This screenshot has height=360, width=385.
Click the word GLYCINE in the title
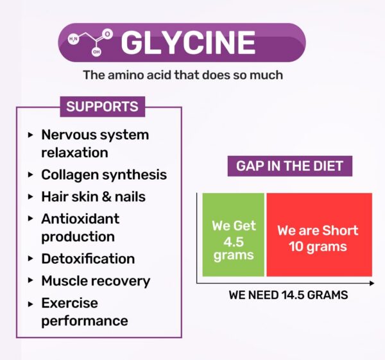188,42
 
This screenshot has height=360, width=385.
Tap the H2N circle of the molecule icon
73,39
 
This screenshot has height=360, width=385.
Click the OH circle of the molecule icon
96,52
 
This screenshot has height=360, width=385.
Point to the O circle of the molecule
107,34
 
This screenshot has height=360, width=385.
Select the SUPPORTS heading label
103,107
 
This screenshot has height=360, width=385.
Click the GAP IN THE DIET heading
290,166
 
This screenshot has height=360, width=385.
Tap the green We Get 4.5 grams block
234,235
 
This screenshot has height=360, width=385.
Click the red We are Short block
320,235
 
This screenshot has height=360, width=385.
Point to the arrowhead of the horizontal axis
372,283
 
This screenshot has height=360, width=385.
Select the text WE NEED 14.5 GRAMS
288,295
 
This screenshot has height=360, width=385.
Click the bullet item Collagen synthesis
104,175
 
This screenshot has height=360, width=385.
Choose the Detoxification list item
88,259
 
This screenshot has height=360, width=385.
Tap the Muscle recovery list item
96,281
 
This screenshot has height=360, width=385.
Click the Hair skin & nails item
93,197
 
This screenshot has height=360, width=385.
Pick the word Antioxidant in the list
80,219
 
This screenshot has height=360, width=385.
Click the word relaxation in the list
74,153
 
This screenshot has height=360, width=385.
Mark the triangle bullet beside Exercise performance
30,304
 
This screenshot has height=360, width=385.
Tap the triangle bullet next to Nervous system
30,135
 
